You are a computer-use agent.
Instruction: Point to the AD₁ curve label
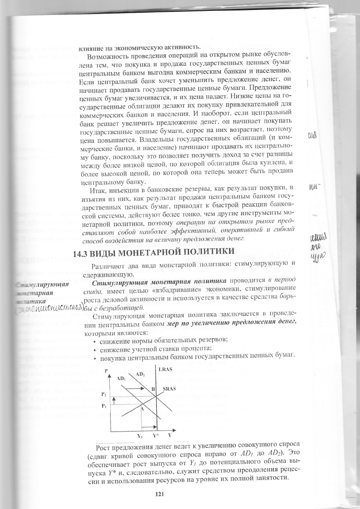[x=121, y=378]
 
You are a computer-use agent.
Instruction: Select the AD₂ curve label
[x=141, y=374]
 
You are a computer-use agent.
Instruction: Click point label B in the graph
[x=153, y=389]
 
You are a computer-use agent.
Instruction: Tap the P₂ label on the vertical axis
[x=105, y=394]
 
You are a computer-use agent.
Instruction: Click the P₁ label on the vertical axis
[x=105, y=406]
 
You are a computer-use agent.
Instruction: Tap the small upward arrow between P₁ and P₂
[x=114, y=400]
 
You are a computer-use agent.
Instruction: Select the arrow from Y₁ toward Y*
[x=148, y=426]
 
